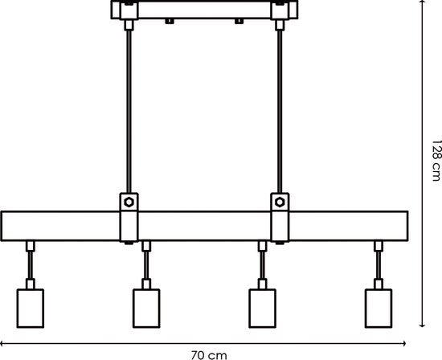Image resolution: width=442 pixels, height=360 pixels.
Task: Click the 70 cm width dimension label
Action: (x=209, y=355)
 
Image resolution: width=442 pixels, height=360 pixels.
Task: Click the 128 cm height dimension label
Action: (x=436, y=161)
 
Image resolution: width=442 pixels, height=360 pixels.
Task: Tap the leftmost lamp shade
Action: (x=31, y=309)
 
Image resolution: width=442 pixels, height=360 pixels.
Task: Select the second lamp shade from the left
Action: (x=146, y=309)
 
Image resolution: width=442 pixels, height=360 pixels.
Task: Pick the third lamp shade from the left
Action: (x=263, y=309)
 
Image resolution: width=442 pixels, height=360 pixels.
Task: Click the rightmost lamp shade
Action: (x=379, y=309)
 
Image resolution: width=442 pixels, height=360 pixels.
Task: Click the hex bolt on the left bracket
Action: (x=129, y=202)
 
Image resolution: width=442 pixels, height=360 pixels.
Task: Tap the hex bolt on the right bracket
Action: (x=280, y=202)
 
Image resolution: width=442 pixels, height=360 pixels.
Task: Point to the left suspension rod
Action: (x=129, y=112)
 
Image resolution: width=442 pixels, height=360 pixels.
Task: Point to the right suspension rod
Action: (x=280, y=112)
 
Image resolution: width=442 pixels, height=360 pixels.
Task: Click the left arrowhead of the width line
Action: (x=2, y=343)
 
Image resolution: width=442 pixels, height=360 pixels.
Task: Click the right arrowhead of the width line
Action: (x=404, y=343)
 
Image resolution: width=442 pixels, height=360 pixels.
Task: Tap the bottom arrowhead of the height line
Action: (x=422, y=325)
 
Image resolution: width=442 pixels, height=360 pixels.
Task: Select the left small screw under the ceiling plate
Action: (x=169, y=21)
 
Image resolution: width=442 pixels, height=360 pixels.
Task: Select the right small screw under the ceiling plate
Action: (x=239, y=21)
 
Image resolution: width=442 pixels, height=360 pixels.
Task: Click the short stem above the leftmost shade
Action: (x=31, y=265)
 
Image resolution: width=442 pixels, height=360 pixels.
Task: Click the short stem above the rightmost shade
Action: (x=379, y=265)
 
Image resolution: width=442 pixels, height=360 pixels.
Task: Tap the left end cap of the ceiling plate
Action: (x=116, y=10)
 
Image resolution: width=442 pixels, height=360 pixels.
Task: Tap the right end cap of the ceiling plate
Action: (x=293, y=10)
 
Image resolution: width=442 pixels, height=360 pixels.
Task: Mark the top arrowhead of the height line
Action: (x=422, y=2)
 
